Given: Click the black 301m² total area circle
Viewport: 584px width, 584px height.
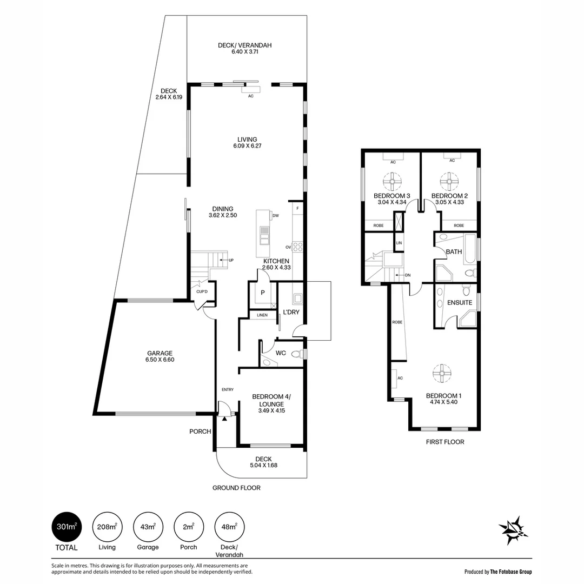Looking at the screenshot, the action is pos(67,527).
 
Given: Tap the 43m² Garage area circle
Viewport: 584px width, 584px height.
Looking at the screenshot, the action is pos(148,527).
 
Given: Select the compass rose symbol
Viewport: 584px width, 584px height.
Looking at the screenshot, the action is pos(513,530).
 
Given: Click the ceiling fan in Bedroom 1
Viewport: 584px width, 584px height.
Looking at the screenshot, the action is pos(442,373).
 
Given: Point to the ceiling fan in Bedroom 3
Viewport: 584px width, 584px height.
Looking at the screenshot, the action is pos(392,181).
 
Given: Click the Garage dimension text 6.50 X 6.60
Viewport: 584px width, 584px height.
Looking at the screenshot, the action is pos(160,360).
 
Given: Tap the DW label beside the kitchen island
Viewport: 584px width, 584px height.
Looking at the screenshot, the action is pos(276,216).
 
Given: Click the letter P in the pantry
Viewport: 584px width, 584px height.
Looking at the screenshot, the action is pos(263,293).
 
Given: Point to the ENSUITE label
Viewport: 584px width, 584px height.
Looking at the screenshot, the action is pos(460,303).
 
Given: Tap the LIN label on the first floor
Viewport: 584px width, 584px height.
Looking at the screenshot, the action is pos(399,243).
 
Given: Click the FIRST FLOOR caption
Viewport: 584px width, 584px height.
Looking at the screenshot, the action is pos(445,442).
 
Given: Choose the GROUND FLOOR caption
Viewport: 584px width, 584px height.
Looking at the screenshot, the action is pos(236,488).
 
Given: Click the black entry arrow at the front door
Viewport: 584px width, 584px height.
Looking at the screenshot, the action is pos(224,419).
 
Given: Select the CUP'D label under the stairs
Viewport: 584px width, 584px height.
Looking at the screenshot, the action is pos(202,291).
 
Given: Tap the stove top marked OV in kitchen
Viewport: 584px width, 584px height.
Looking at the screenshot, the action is pos(297,247).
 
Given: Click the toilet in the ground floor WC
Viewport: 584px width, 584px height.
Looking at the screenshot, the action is pos(297,354).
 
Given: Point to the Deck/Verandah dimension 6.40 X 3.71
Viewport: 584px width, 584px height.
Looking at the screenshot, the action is pos(245,52).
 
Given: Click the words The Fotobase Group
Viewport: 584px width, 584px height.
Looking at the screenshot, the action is pos(511,572).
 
